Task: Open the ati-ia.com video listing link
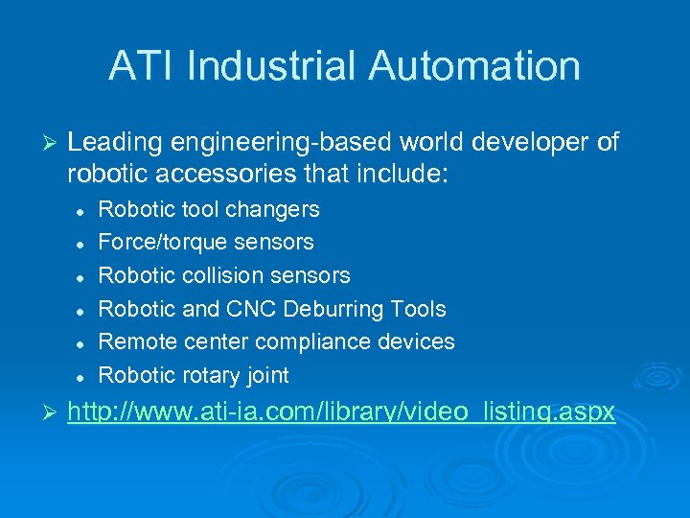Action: pos(341,412)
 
